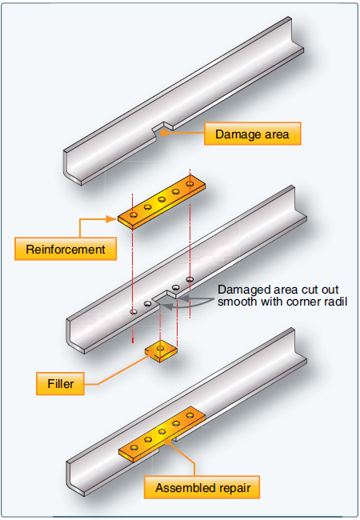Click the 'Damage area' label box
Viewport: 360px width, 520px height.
tap(252, 134)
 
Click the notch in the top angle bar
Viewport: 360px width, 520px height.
tap(164, 127)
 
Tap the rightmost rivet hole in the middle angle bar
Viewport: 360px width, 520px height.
tap(190, 279)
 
